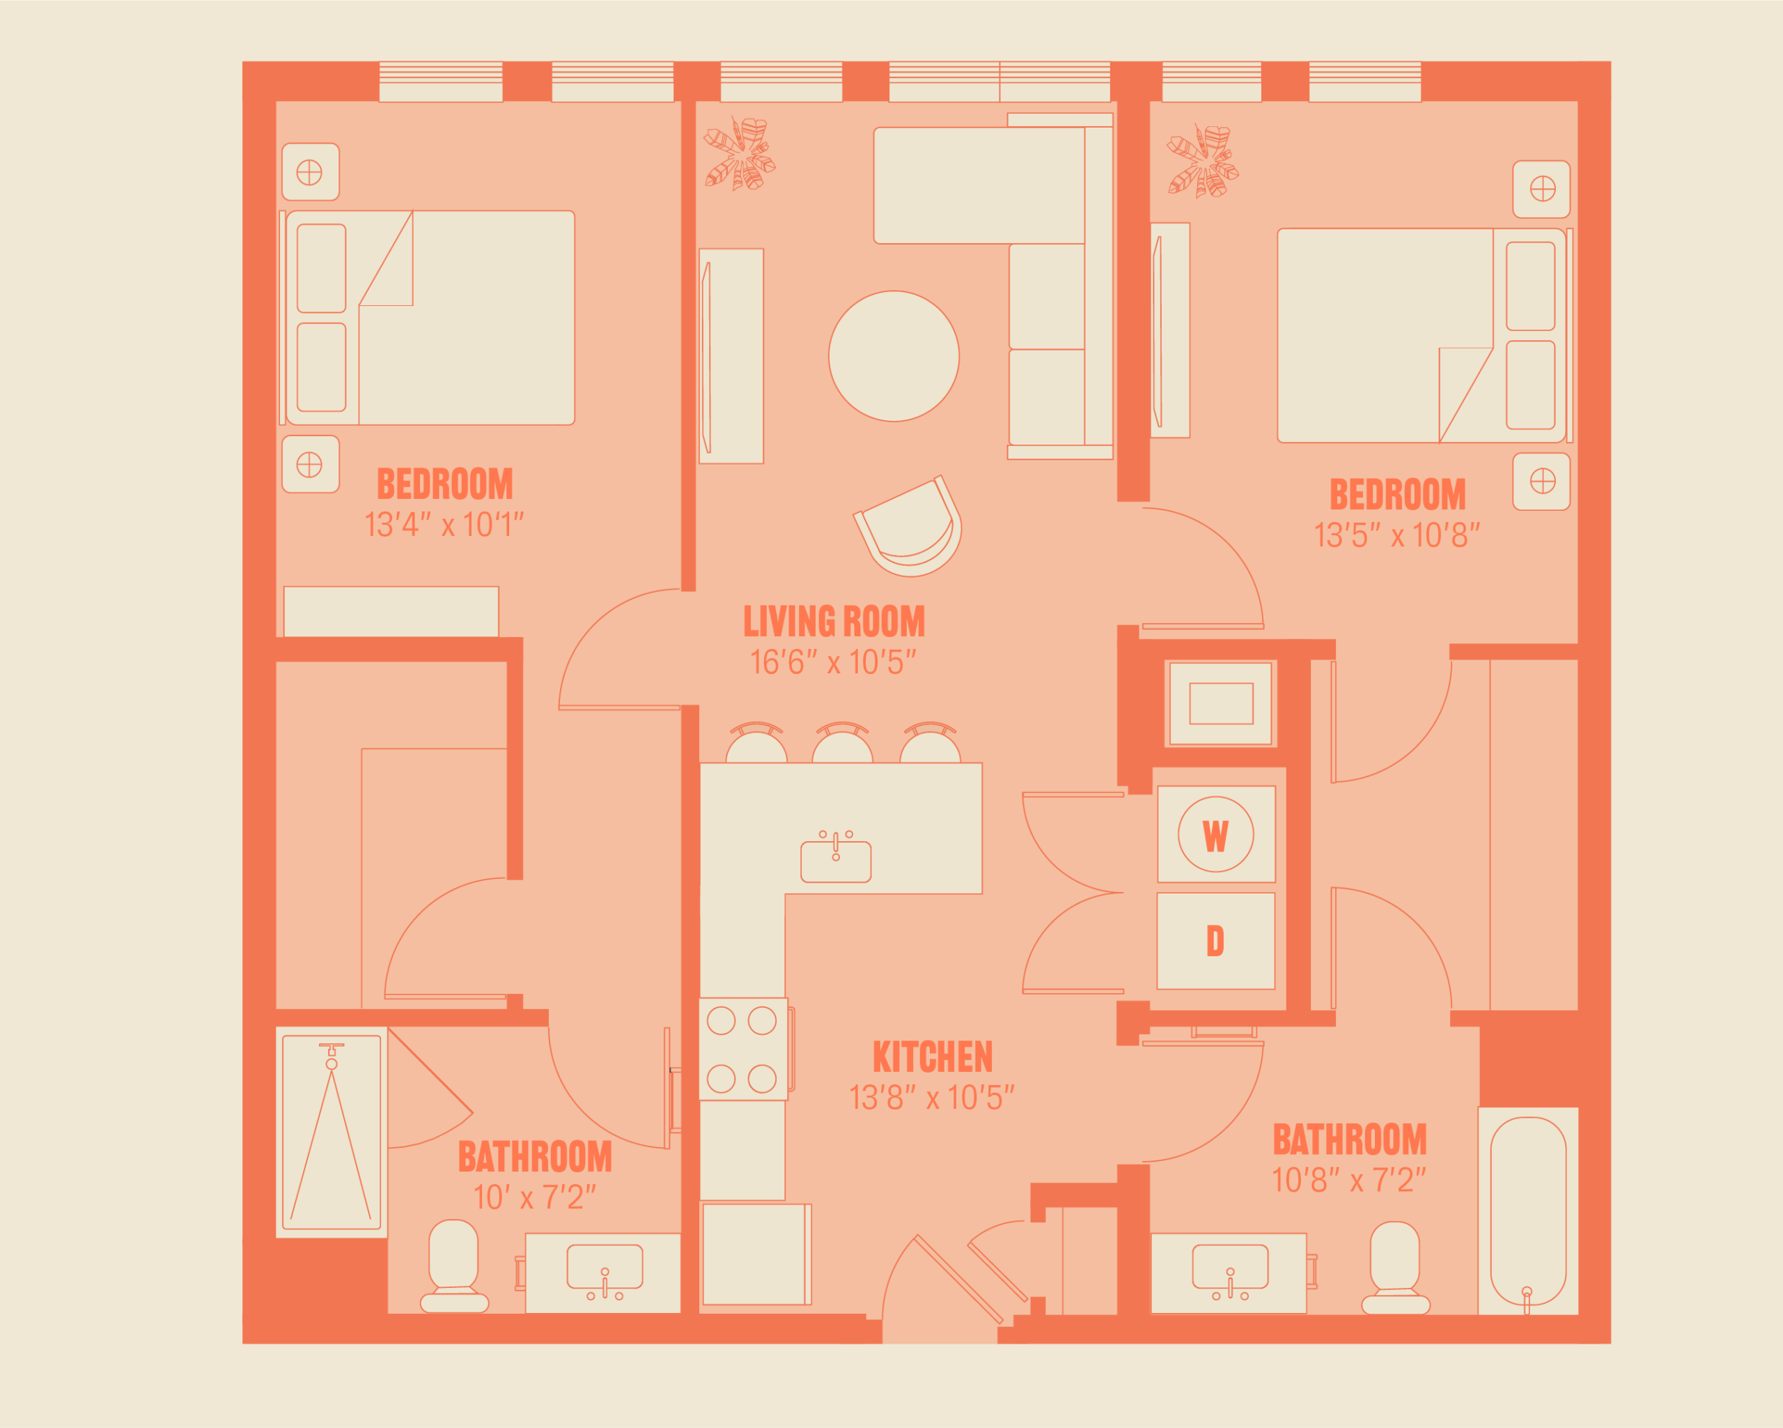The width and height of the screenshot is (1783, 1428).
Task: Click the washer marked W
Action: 1215,834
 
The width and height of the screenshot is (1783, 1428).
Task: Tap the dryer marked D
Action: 1215,941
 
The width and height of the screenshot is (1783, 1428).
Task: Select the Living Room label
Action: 834,622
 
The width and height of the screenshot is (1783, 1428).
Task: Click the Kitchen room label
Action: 933,1057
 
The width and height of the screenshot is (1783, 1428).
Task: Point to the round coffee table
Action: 894,355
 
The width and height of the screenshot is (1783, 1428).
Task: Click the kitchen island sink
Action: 836,859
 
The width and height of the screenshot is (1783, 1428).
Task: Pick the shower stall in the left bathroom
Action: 332,1133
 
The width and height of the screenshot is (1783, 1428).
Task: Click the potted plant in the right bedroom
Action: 1202,160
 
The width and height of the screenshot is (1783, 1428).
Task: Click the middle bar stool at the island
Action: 842,743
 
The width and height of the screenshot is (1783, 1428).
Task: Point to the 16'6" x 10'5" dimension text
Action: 834,663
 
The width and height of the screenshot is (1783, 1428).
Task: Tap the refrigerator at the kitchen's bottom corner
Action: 756,1254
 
